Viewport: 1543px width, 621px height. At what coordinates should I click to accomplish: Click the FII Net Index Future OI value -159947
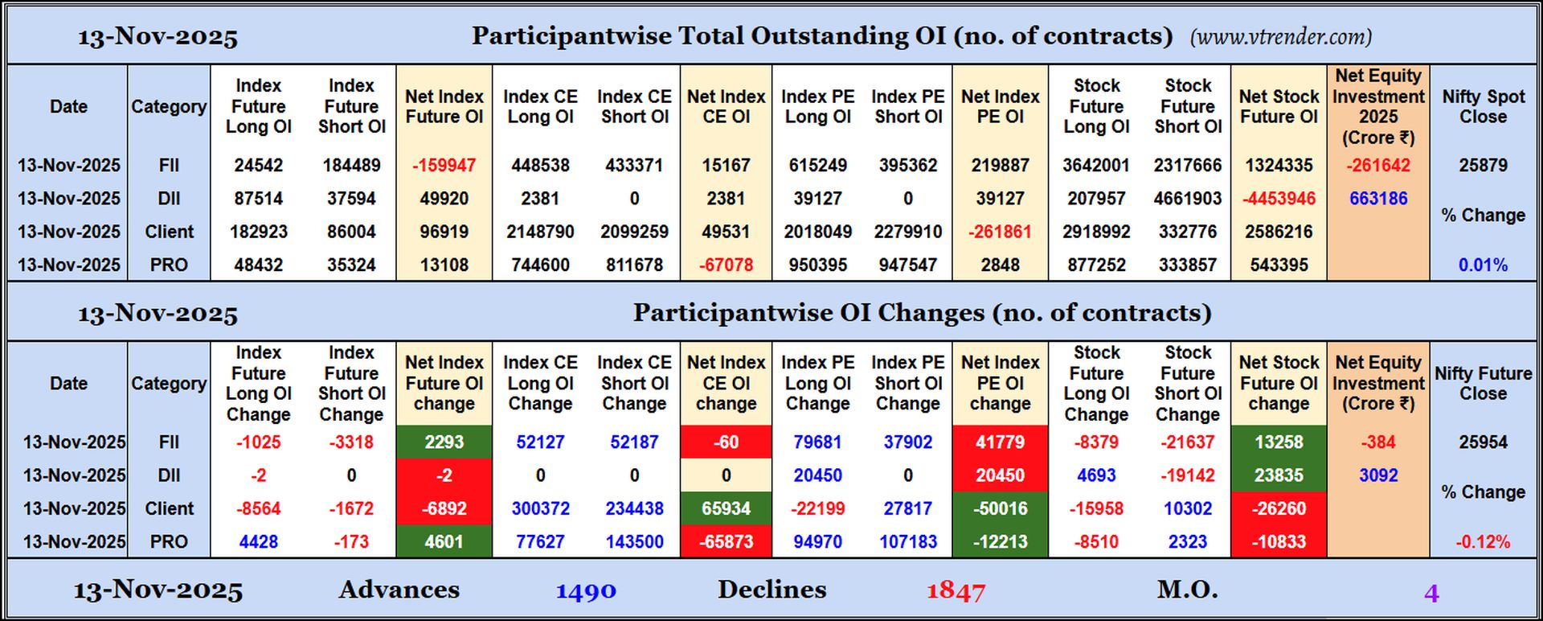coord(444,166)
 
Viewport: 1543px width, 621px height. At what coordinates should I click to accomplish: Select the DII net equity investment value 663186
coord(1377,199)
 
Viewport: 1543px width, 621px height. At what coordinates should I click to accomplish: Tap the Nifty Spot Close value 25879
coord(1483,166)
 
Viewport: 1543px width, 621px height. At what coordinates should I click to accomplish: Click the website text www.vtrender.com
coord(1280,37)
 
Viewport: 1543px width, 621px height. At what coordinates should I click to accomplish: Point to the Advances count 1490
coord(586,592)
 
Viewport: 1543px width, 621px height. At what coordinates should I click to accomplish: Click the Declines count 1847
coord(955,592)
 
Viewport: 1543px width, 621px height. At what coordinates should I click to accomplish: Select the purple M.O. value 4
coord(1430,594)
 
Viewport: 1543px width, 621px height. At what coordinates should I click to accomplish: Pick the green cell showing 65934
coord(726,509)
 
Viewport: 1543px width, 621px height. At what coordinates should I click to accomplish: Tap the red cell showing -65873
coord(726,542)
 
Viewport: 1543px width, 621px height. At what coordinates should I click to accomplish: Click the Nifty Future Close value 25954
coord(1483,442)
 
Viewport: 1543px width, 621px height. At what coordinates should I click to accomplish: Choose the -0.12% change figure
coord(1483,542)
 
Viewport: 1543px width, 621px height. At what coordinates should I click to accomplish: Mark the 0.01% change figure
coord(1483,265)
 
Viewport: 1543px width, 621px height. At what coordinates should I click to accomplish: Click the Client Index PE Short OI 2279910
coord(907,232)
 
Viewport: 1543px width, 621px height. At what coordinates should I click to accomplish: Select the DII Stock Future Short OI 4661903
coord(1187,199)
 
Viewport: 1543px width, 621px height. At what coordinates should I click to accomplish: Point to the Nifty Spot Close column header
coord(1483,106)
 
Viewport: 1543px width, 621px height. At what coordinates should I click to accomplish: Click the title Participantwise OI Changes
coord(921,313)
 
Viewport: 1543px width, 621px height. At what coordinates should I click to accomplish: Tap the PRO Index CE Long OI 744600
coord(540,265)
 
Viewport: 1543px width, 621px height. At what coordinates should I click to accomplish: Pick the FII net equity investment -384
coord(1377,442)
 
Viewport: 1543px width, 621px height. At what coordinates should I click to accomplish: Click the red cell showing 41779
coord(1000,442)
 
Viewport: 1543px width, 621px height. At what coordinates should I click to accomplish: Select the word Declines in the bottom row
coord(771,590)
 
